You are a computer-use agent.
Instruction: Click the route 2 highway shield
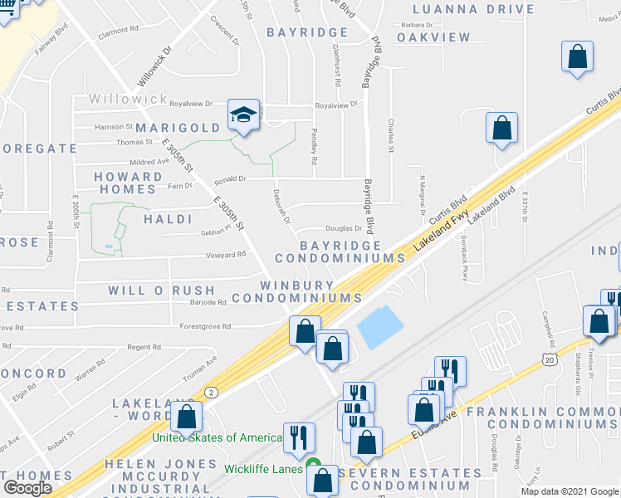point(212,392)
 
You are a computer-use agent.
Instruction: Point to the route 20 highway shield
point(549,359)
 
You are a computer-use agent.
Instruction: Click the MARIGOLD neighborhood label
point(178,128)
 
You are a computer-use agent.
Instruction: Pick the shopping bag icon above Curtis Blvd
point(501,129)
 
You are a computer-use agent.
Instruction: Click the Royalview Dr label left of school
point(192,105)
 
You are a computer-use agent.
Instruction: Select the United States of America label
point(218,437)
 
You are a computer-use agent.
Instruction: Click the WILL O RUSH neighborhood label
point(161,291)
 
